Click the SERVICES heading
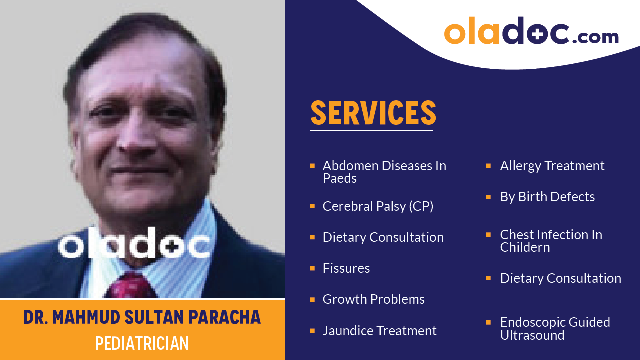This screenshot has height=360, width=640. coord(373,113)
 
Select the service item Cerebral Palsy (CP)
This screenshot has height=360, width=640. coord(378,206)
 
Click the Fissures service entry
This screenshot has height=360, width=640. coord(346,268)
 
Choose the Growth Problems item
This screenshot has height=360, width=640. coord(374,299)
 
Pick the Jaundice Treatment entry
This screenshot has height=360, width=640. coord(379,331)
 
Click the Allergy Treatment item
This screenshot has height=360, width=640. coord(552,166)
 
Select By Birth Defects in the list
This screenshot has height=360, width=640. coord(547,197)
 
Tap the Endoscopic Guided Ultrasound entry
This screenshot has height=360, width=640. coord(555,329)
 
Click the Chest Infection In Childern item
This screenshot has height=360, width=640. coord(551,241)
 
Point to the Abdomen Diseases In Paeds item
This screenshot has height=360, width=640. coord(384,172)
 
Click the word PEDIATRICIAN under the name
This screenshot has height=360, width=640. coord(142,344)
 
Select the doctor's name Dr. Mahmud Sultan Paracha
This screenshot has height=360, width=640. coord(142,317)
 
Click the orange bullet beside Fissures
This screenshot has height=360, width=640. coord(312,268)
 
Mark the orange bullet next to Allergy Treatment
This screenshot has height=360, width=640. coord(489,166)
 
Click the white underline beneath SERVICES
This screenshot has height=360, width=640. coord(371,130)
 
